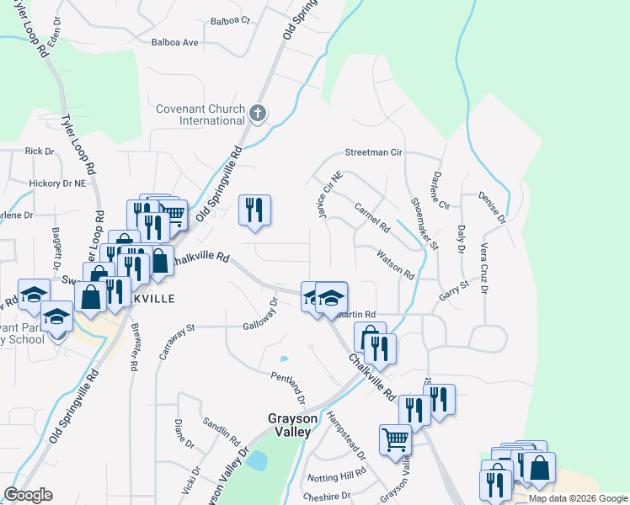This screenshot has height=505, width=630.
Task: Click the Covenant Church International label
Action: tap(200, 114)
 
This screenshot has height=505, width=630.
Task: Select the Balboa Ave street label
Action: tap(174, 42)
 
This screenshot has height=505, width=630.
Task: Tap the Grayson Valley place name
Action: tap(289, 424)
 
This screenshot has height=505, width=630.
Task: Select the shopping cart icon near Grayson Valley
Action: tap(395, 439)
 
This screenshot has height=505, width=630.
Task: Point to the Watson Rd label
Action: tap(396, 264)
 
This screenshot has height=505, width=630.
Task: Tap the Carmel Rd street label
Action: tap(373, 217)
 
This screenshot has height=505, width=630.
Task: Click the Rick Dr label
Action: tap(40, 151)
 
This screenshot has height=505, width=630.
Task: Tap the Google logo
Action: tap(28, 495)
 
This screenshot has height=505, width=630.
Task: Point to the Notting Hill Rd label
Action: tap(337, 474)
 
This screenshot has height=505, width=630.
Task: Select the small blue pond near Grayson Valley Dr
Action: tap(258, 460)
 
